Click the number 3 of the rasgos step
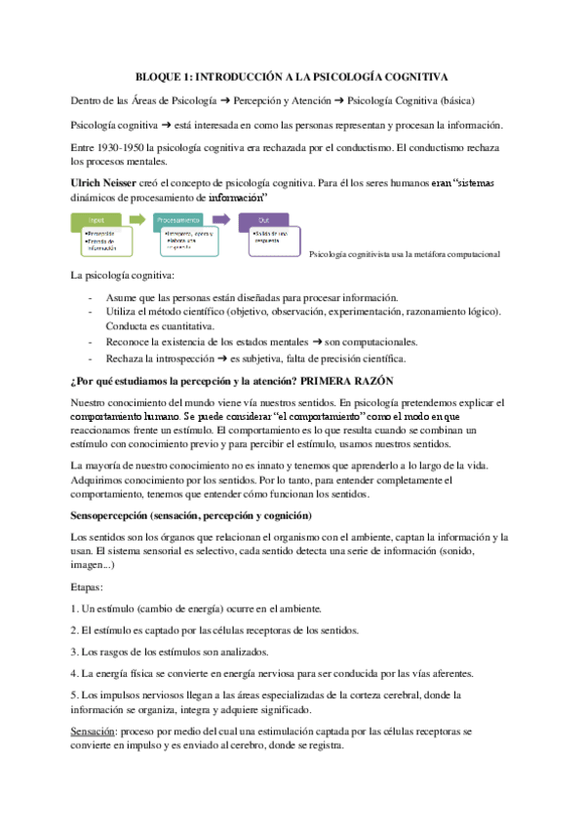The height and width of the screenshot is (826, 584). click(x=74, y=651)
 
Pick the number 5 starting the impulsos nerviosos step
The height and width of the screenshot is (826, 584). click(x=74, y=695)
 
